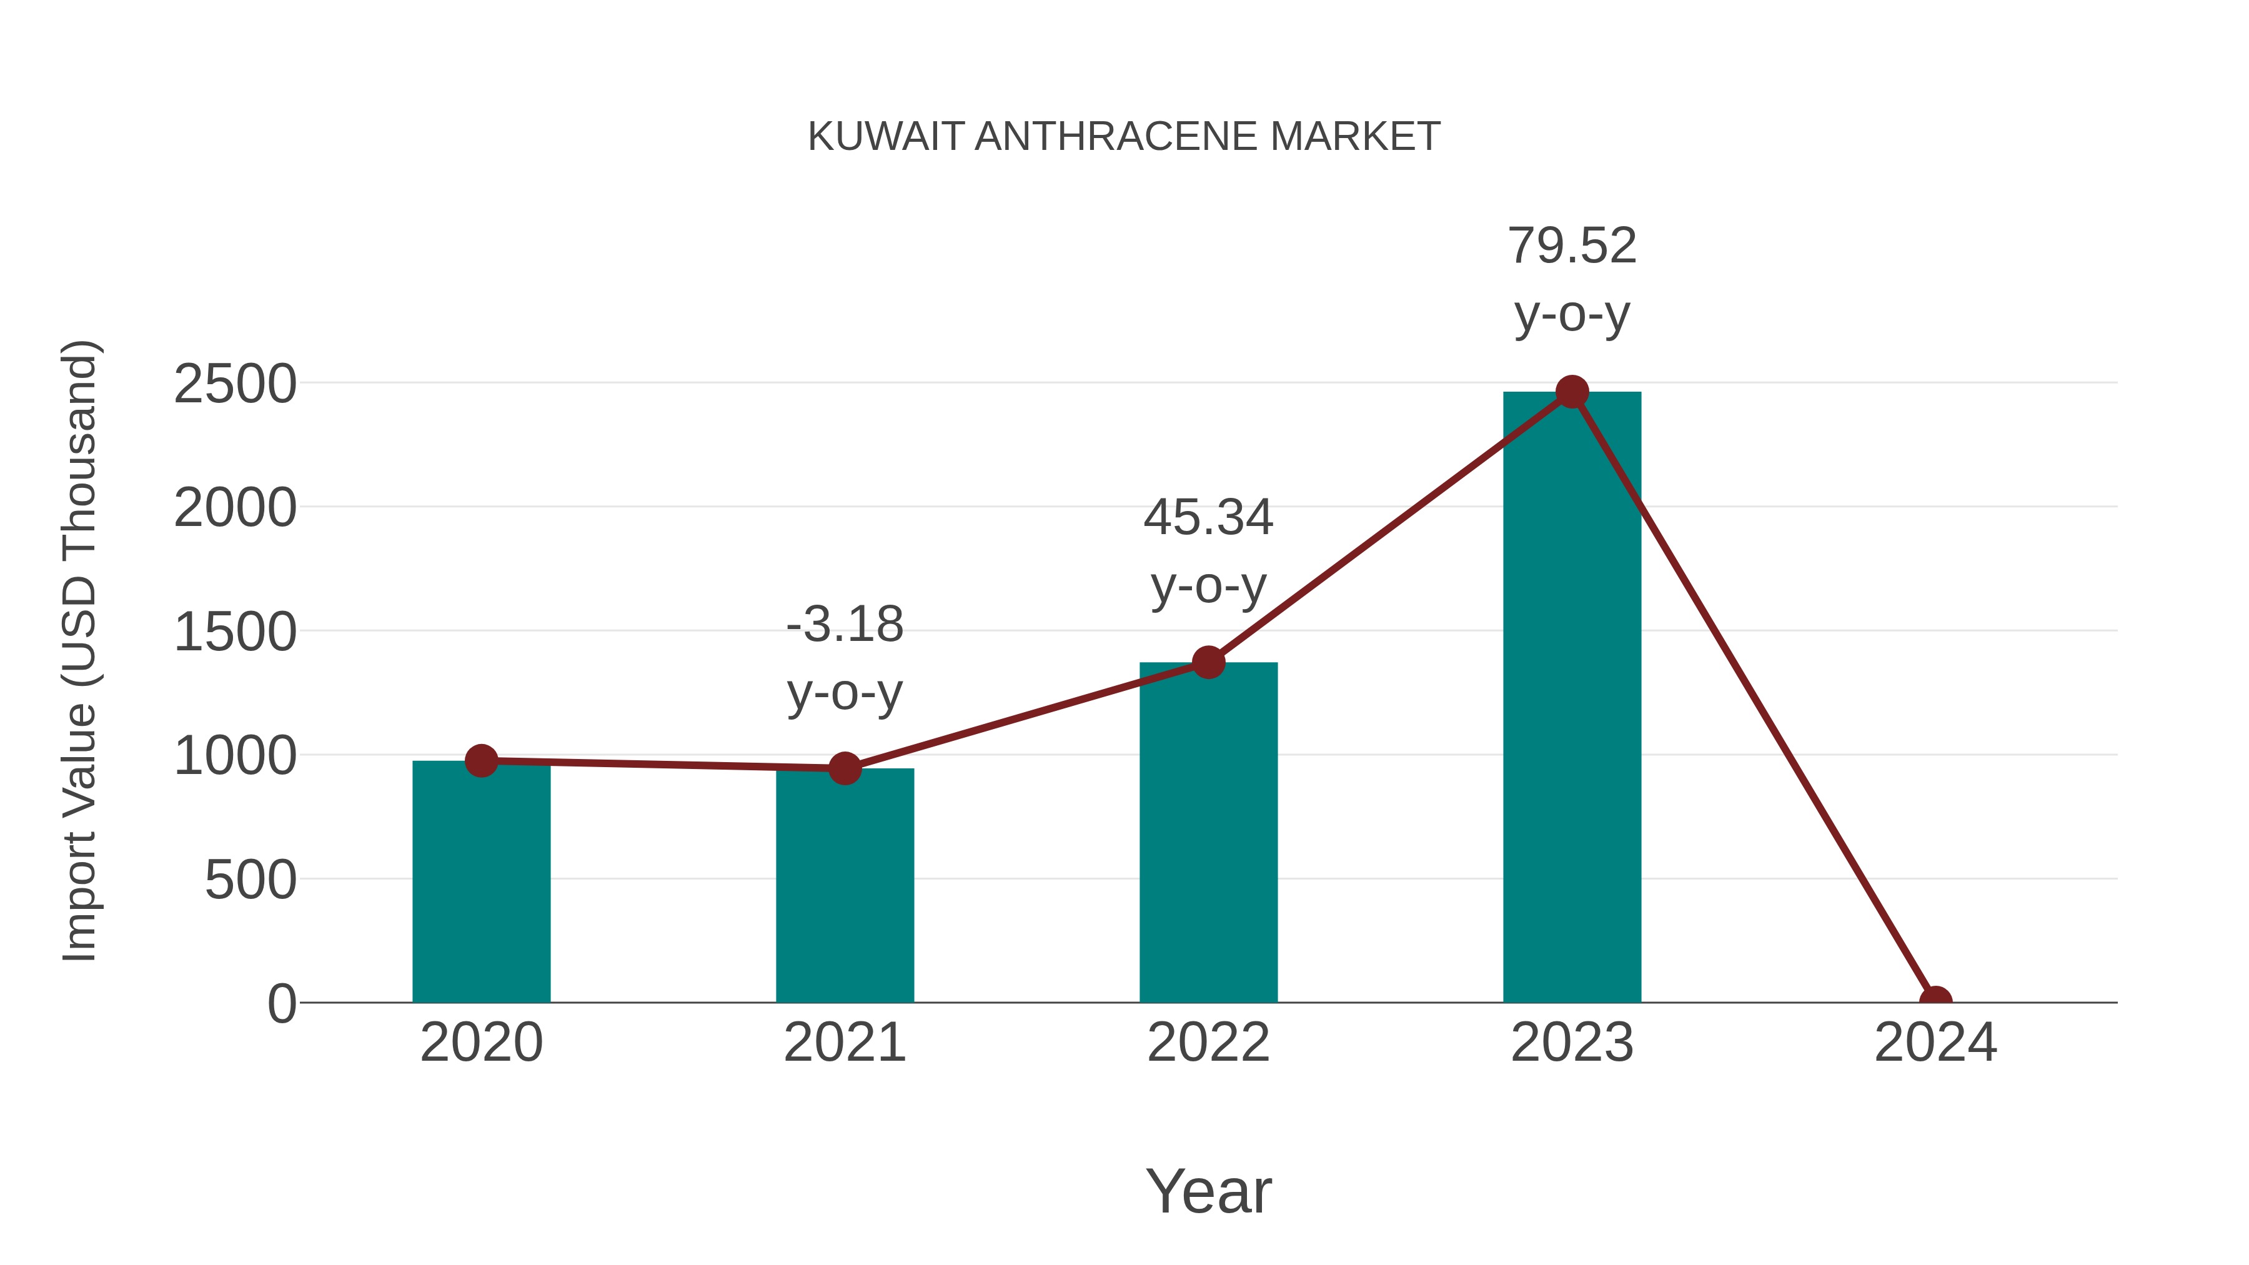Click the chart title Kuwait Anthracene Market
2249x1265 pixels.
click(x=1124, y=137)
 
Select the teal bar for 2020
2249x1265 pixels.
click(x=481, y=881)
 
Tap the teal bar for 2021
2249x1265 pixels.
click(x=844, y=885)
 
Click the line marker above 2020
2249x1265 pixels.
click(x=481, y=760)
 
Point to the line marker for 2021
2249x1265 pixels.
click(x=844, y=768)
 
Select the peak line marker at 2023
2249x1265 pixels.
click(x=1572, y=392)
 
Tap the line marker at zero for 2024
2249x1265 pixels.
click(x=1935, y=1001)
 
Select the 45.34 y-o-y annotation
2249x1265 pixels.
click(x=1208, y=551)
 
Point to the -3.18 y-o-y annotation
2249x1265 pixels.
click(x=844, y=658)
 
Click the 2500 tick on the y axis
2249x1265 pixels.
click(x=235, y=384)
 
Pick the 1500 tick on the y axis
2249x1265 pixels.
click(x=235, y=632)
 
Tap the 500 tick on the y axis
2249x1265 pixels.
click(x=250, y=880)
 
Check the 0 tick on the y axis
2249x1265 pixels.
click(x=282, y=1004)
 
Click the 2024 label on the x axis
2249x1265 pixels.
click(x=1935, y=1043)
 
